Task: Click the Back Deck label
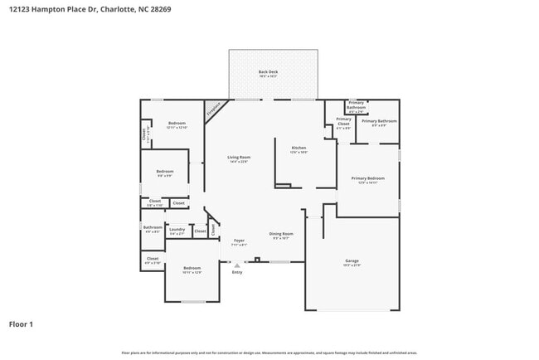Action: pos(268,73)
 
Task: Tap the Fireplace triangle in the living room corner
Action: pos(212,109)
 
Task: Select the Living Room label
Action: pos(239,158)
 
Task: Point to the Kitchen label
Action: pos(298,149)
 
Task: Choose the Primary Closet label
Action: pos(343,124)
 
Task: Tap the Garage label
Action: pos(352,261)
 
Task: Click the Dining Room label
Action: pos(281,235)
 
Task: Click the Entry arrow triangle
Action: pos(237,265)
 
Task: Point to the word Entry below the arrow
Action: pos(237,272)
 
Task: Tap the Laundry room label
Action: pos(177,230)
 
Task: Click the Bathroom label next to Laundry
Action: pos(153,228)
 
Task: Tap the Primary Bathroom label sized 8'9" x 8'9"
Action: pos(379,122)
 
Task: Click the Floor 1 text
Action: pos(21,324)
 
